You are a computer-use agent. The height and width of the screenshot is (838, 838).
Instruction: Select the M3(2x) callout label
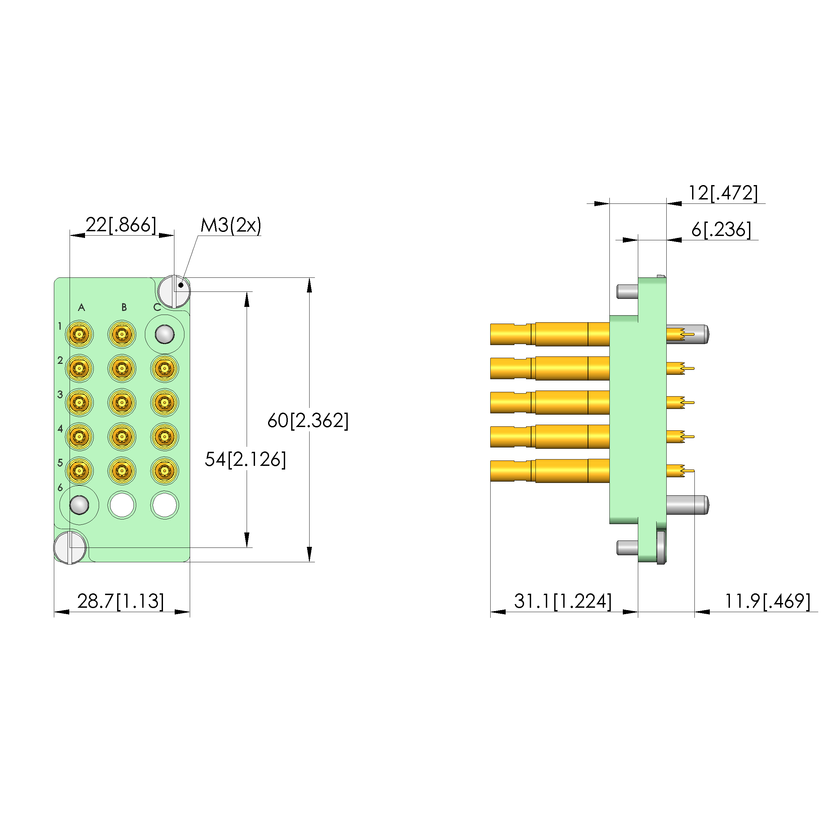click(x=231, y=225)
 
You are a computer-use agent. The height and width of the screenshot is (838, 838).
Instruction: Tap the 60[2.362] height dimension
click(x=308, y=420)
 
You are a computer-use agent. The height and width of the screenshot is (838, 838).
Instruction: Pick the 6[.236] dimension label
click(x=721, y=230)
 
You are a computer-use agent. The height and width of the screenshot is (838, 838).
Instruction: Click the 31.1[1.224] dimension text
click(x=563, y=601)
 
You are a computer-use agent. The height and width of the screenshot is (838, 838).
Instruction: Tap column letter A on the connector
click(x=81, y=308)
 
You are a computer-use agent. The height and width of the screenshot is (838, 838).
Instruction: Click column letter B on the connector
click(x=124, y=308)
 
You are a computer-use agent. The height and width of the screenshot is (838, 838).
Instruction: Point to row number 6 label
click(x=60, y=488)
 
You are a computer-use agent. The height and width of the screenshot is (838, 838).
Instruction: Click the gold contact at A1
click(x=79, y=334)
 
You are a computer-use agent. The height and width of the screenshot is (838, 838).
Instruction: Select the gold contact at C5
click(x=164, y=471)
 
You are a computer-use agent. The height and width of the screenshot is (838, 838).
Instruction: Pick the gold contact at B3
click(x=122, y=403)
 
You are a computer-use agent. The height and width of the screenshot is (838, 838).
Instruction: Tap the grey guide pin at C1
click(x=164, y=334)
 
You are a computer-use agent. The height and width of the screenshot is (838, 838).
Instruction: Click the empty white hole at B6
click(x=122, y=505)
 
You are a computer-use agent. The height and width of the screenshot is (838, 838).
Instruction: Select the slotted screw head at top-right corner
click(x=174, y=291)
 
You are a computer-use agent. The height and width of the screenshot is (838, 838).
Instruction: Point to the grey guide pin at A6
click(x=79, y=505)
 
